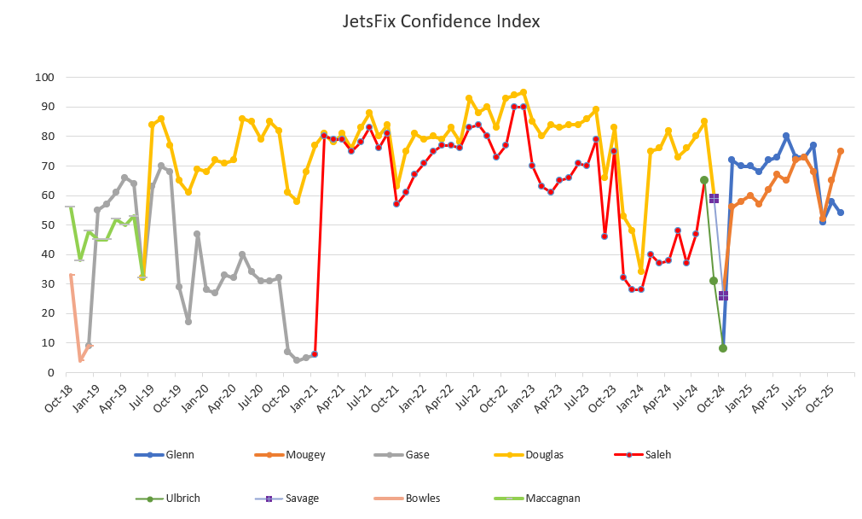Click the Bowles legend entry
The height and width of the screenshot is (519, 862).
coord(423,498)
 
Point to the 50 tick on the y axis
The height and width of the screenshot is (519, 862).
coord(48,225)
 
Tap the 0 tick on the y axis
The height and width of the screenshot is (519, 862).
coord(50,372)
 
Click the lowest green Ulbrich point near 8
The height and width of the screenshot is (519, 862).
coord(723,348)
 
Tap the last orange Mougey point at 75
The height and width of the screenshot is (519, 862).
coord(841,151)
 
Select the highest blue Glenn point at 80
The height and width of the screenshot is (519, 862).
coord(786,137)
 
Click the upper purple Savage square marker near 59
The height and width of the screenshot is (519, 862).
coord(714,198)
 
